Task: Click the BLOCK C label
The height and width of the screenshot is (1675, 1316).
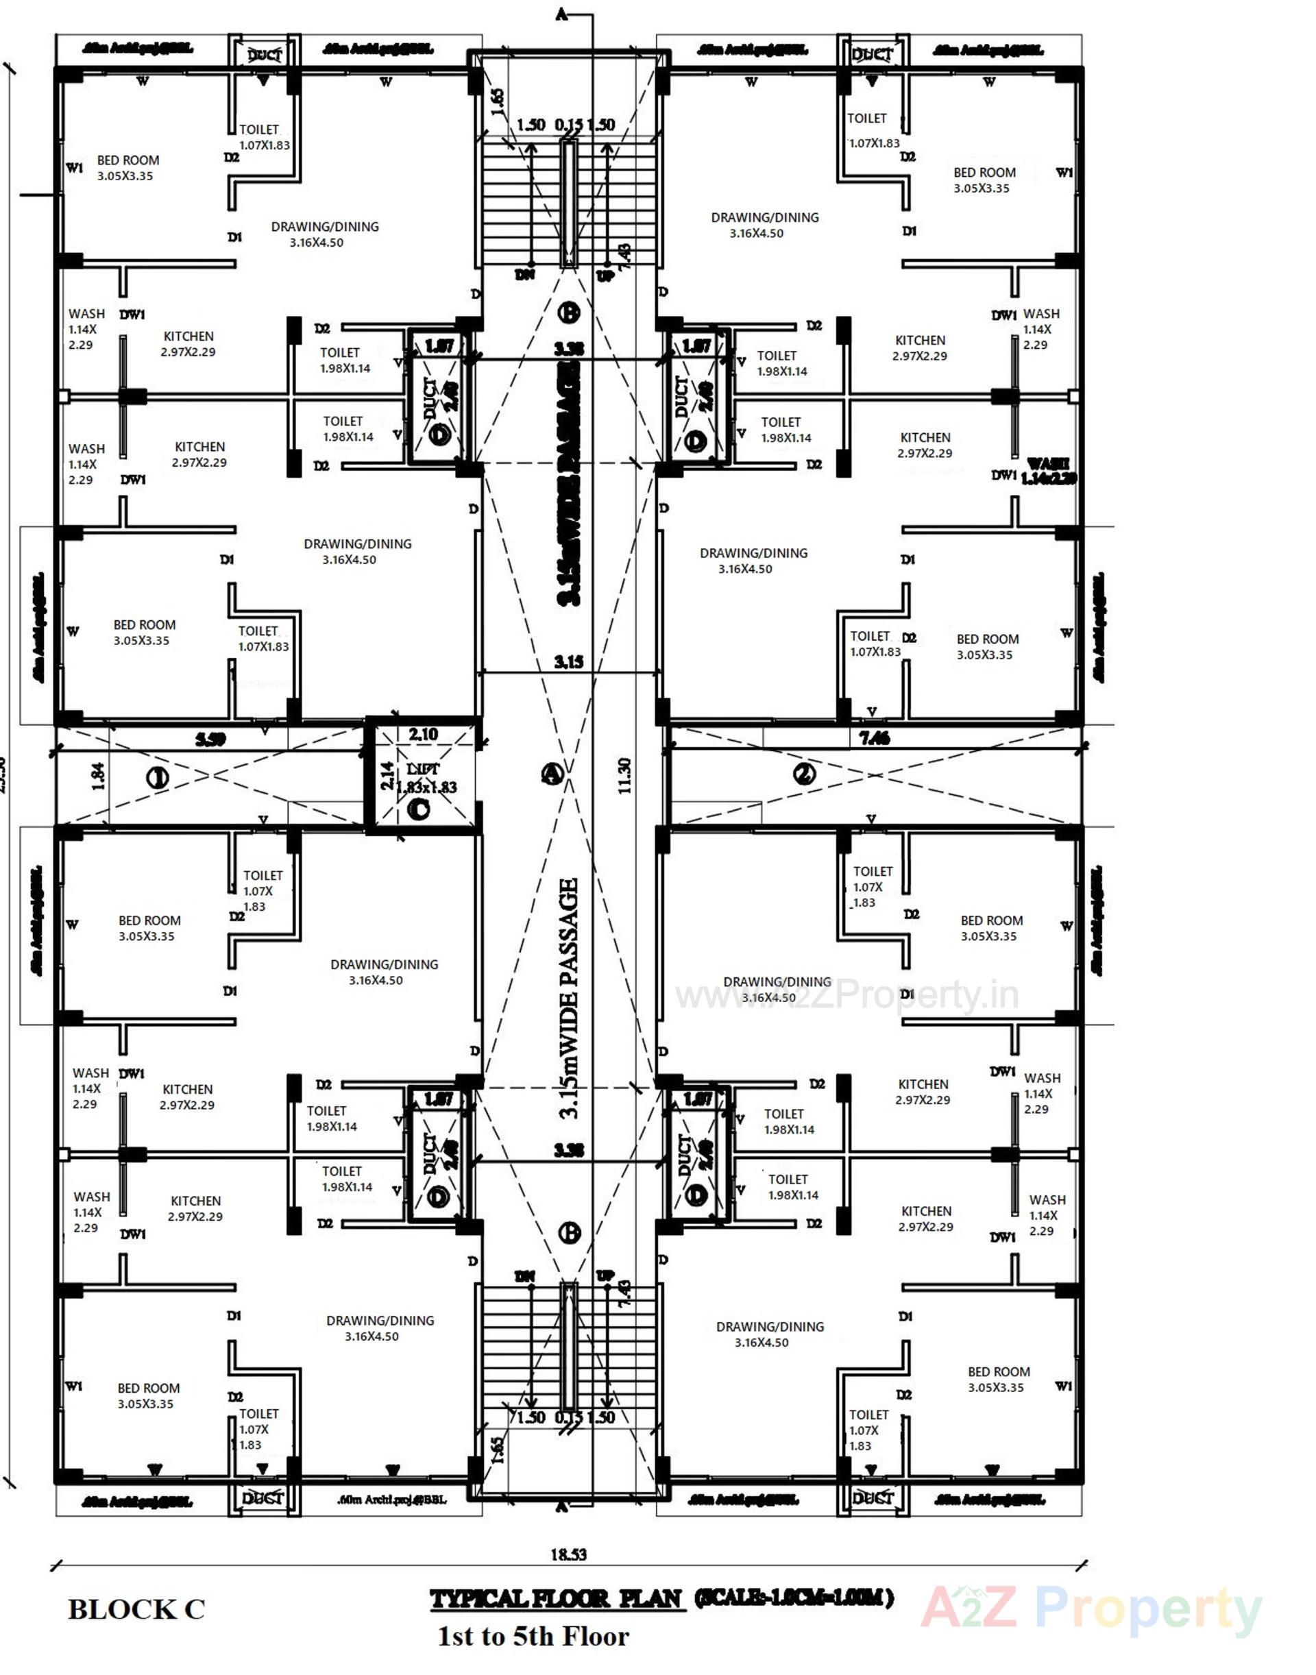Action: tap(136, 1609)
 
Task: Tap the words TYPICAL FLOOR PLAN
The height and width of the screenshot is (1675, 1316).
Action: tap(557, 1599)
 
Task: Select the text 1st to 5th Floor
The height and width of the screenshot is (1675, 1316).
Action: tap(533, 1636)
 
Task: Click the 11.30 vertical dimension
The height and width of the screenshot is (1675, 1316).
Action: tap(625, 775)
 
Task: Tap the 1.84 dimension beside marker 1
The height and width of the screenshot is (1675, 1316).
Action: tap(98, 777)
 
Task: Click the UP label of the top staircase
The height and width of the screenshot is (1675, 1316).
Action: tap(607, 275)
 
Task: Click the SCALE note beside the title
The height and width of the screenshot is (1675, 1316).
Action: tap(794, 1598)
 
